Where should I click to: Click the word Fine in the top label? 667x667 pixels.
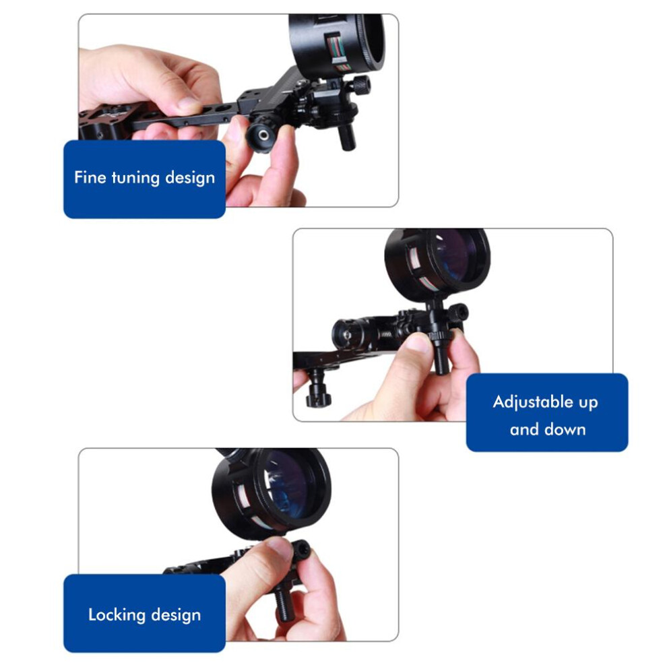pos(90,177)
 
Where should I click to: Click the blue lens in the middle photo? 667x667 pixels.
pos(457,255)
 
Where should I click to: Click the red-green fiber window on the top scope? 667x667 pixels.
pos(336,49)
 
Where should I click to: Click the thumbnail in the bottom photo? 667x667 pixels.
pos(279,546)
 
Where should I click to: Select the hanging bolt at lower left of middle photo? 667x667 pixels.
pos(317,388)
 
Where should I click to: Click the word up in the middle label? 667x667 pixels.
pos(588,402)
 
